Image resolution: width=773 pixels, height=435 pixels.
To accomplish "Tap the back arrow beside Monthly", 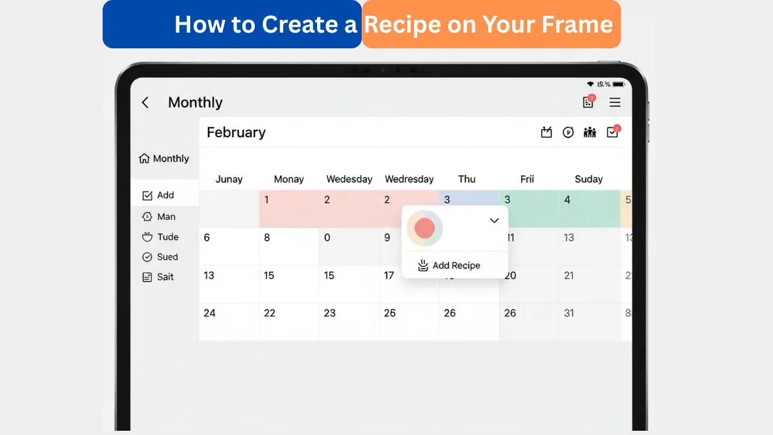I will click(x=145, y=103).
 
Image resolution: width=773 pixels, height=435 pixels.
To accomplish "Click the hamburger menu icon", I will click(x=615, y=103).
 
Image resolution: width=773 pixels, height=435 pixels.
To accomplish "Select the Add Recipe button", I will click(x=449, y=265).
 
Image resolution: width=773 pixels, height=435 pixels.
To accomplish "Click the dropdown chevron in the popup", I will click(x=494, y=221).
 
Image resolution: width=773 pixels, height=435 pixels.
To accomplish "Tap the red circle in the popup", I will click(x=425, y=228).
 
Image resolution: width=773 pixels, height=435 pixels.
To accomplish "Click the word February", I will click(x=236, y=132).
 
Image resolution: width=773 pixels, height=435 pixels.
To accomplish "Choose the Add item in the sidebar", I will click(x=159, y=195).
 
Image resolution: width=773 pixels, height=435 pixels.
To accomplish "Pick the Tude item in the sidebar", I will click(x=161, y=237).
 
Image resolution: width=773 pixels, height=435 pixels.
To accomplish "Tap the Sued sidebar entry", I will click(x=161, y=257).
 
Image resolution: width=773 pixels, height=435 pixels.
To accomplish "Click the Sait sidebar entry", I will click(x=159, y=277).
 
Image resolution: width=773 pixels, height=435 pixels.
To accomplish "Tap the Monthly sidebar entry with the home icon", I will click(x=164, y=158).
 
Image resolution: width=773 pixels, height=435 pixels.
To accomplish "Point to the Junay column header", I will click(x=229, y=179).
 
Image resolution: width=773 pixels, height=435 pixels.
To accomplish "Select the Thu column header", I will click(x=467, y=179).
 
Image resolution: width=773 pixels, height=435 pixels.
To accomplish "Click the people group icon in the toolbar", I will click(x=590, y=132).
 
